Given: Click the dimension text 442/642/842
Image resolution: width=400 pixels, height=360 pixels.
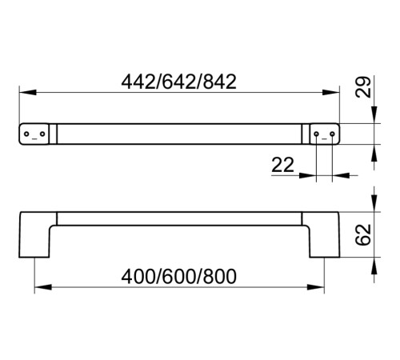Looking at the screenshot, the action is coord(178,82).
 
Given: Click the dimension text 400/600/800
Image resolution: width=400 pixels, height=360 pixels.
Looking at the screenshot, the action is coord(178,276).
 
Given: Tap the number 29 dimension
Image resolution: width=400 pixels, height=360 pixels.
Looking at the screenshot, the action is coord(363,87).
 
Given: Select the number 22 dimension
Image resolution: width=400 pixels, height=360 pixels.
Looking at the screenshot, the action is coord(282,165).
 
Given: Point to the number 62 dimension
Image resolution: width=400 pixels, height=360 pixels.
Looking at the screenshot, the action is coord(363,234).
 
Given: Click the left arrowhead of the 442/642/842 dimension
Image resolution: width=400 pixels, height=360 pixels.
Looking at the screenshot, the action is coord(28,93).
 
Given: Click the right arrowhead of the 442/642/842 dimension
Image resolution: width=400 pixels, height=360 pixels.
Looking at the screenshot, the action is coord(331,93).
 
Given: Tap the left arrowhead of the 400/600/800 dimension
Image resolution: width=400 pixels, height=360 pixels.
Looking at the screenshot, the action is coord(43,287).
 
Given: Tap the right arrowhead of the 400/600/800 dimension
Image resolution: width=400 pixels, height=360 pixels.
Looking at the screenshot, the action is coord(316,287).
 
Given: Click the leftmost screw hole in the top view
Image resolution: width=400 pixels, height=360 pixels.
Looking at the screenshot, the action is coord(26,134).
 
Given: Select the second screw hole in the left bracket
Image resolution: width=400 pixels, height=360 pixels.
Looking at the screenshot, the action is coord(42,134).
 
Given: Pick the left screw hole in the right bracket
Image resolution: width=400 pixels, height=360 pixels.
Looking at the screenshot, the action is coord(316,134).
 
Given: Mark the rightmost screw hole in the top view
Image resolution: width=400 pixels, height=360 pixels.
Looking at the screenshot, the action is coord(332,134).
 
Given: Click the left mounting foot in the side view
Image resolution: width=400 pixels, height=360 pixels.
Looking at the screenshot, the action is coord(34,234).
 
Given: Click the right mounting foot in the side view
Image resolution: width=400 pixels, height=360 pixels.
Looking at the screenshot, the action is coord(324,234).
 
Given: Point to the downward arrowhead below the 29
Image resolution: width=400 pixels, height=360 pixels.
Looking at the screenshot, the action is coord(374,114).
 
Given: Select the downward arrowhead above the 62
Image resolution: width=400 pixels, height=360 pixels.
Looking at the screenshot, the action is coord(374,203).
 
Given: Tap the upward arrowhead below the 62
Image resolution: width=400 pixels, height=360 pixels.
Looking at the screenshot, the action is coord(374,266).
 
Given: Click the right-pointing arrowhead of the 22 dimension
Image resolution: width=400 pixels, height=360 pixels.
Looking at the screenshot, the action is coord(308,175).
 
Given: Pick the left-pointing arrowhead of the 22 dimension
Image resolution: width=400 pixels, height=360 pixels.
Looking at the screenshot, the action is coord(341,175).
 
